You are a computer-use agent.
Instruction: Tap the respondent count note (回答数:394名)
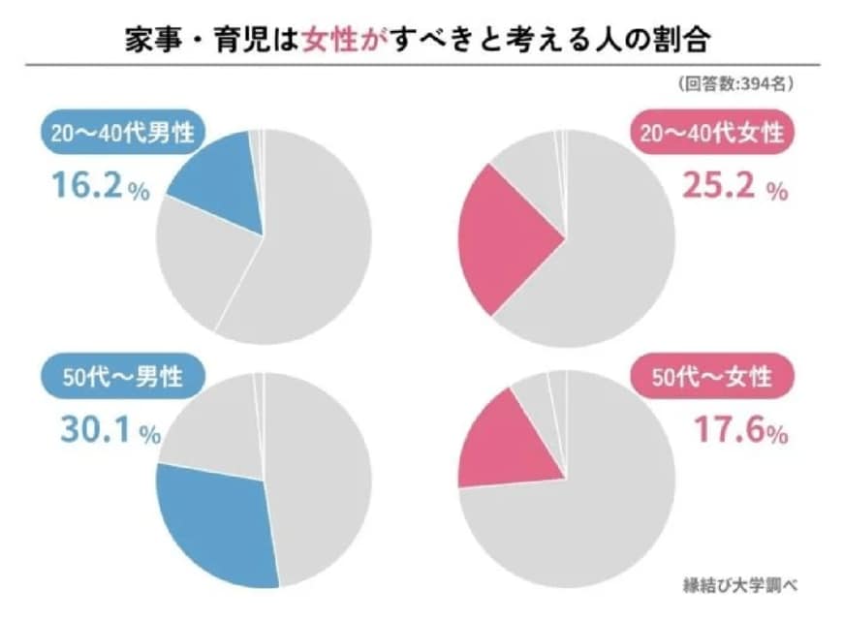coord(737,84)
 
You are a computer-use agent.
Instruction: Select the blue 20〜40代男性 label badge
coord(117,133)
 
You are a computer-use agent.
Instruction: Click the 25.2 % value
coord(733,186)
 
